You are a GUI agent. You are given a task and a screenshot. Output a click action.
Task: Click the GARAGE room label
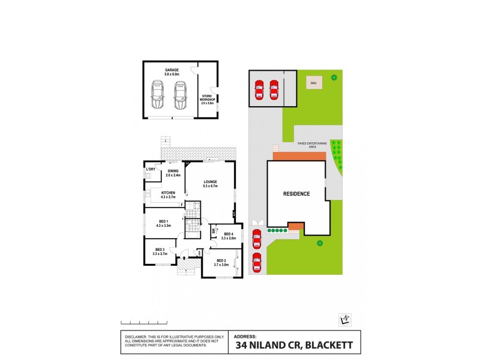pos(172,70)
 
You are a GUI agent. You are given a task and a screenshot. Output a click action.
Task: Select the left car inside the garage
pos(158,95)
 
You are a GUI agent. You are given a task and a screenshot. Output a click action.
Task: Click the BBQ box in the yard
pos(313,83)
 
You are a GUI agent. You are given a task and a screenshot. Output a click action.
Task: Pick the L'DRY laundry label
pos(151,169)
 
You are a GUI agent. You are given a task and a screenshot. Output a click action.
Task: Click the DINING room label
pos(173,172)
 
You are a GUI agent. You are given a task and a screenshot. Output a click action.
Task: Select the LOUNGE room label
pos(209,182)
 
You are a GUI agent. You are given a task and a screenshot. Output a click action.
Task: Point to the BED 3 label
pos(160,250)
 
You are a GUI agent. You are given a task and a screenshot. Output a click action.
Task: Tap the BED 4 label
pos(228,235)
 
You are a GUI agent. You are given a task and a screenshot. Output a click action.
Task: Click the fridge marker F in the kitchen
pos(181,205)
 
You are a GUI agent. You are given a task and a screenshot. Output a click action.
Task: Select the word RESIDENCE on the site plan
pos(296,194)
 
